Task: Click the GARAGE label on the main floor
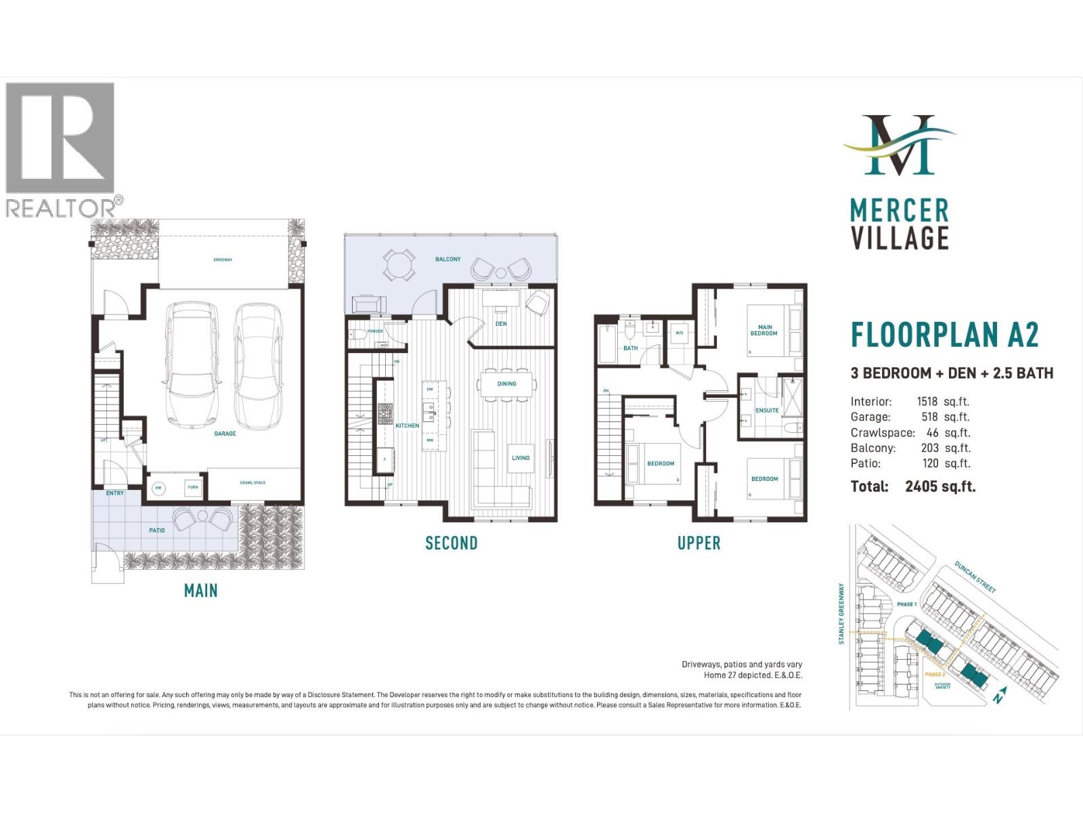click(x=225, y=434)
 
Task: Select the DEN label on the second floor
click(x=501, y=324)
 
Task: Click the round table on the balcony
click(x=399, y=265)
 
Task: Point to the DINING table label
click(x=506, y=384)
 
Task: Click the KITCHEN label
click(x=407, y=425)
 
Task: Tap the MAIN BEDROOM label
click(x=764, y=331)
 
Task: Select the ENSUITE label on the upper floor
click(x=767, y=411)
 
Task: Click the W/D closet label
click(x=679, y=333)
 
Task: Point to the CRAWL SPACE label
click(x=252, y=483)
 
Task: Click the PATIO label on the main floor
click(x=157, y=530)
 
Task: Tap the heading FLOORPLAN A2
click(x=944, y=335)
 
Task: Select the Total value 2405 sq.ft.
click(x=940, y=486)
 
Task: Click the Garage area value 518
click(x=929, y=417)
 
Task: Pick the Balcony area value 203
click(x=929, y=448)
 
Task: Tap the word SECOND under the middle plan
click(x=451, y=543)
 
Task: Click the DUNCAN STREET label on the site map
click(x=975, y=577)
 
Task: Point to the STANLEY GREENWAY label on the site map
click(x=842, y=613)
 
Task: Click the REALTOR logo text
click(x=61, y=208)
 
